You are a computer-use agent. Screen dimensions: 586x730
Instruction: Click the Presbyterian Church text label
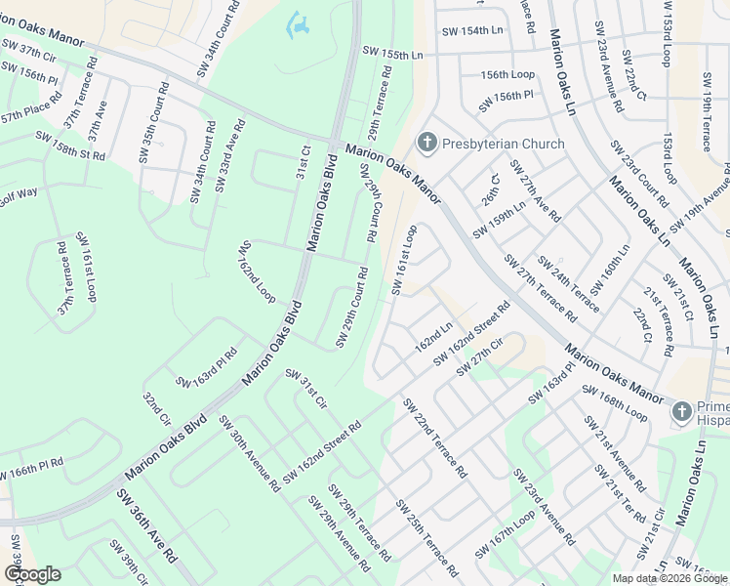[x=503, y=145]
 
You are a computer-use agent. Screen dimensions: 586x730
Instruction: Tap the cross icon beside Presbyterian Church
[x=426, y=144]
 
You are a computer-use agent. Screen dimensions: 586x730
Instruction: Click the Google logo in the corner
[x=32, y=574]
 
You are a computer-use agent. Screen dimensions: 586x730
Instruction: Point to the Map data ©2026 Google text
[x=669, y=578]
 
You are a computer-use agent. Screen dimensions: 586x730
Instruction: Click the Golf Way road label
[x=17, y=193]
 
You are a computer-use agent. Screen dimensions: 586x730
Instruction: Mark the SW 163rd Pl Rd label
[x=207, y=367]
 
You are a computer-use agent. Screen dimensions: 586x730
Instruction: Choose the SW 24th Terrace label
[x=569, y=279]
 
